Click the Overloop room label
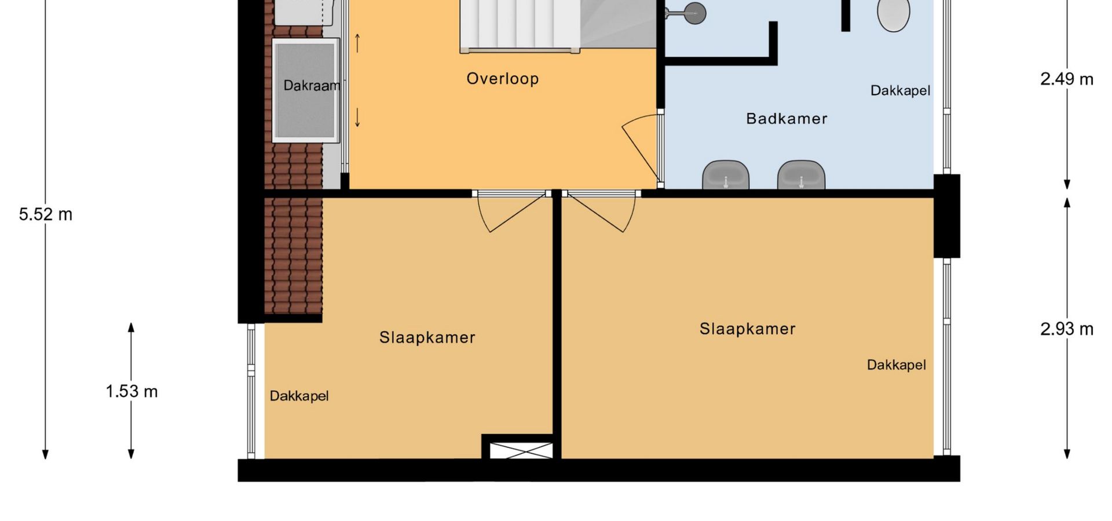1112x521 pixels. tap(503, 79)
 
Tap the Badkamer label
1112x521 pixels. tap(787, 119)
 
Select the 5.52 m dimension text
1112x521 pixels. tap(46, 215)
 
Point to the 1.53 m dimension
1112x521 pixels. tap(131, 392)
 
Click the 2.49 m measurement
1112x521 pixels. tap(1067, 79)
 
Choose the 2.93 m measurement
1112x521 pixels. tap(1067, 329)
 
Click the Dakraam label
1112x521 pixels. tap(312, 86)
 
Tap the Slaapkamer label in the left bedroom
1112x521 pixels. tap(427, 337)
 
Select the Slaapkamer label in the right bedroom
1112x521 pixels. tap(748, 329)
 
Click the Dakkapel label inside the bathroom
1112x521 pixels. tap(901, 91)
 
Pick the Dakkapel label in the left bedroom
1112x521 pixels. tap(299, 396)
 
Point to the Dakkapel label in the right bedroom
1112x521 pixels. tap(897, 365)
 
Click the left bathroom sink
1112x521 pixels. tap(726, 175)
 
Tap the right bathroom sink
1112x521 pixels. tap(802, 175)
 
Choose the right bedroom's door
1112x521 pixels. tap(599, 212)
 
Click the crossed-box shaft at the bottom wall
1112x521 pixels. tap(521, 450)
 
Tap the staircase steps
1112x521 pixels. tap(520, 26)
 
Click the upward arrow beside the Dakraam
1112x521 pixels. tap(357, 43)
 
